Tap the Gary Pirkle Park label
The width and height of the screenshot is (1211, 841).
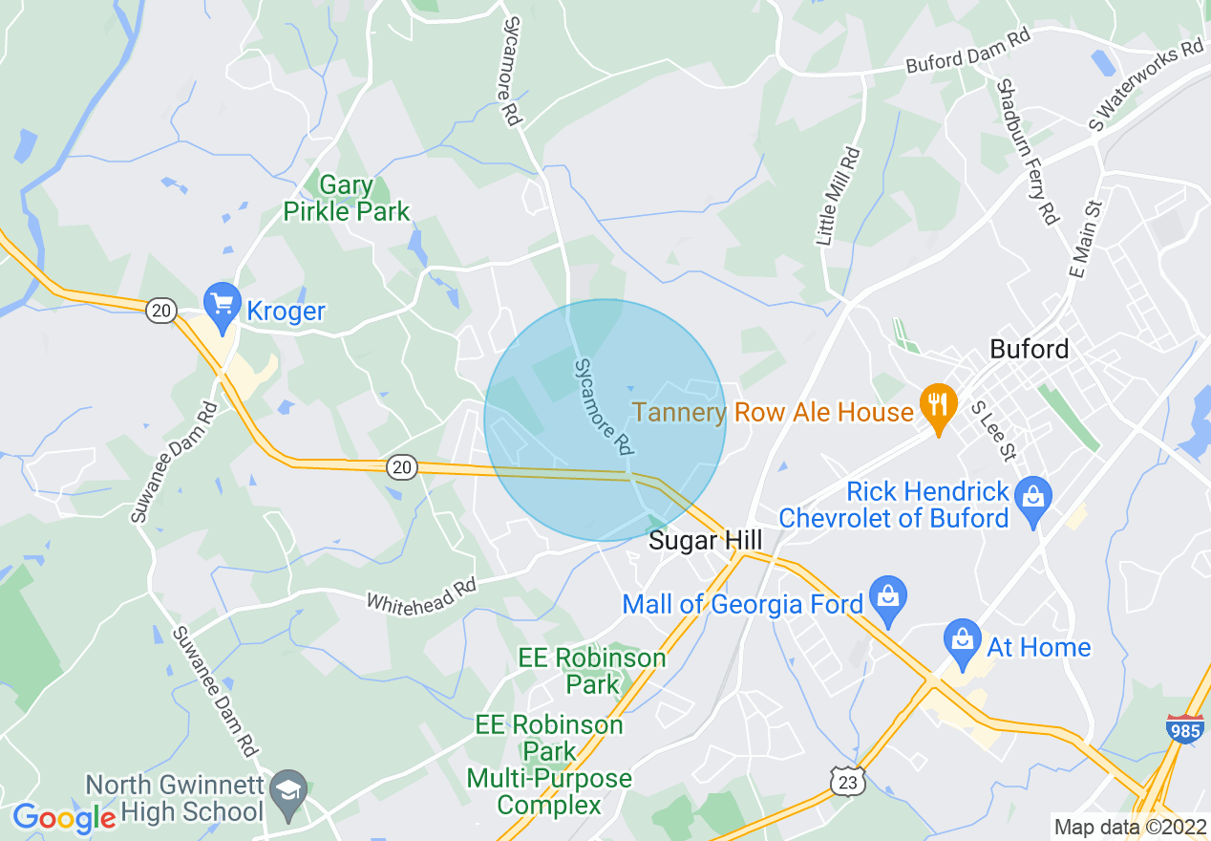pos(346,198)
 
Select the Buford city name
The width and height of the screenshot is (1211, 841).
pos(1029,349)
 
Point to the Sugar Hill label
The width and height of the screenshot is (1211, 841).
pos(705,540)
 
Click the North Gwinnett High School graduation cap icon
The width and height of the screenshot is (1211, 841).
pos(287,788)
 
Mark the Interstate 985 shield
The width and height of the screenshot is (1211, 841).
pos(1184,729)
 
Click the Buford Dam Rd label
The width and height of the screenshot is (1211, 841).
pos(968,63)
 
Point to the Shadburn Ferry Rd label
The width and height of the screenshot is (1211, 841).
pos(1028,151)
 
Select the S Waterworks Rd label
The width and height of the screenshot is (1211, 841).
pos(1147,84)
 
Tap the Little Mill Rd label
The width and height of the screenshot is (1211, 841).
pos(839,196)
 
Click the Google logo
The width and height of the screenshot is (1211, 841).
pos(64,817)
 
